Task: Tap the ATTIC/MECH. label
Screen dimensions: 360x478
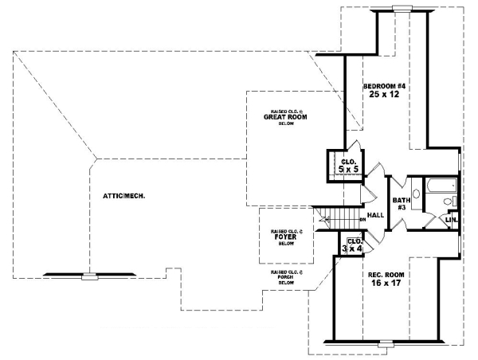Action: point(123,195)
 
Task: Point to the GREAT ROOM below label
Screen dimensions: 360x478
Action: point(285,117)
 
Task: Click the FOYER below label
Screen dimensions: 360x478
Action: point(286,236)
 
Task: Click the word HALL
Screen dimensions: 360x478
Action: point(376,215)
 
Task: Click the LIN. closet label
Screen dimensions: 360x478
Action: point(452,218)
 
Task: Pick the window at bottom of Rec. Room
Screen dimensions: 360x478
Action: point(386,344)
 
